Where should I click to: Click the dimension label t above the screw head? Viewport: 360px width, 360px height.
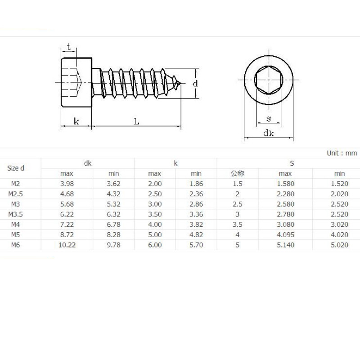point(69,47)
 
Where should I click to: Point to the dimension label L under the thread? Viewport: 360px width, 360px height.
point(136,121)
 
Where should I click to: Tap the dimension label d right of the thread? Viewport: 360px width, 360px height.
point(195,83)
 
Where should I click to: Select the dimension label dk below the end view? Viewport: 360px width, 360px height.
point(268,133)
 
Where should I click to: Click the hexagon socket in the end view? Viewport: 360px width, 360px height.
point(269,80)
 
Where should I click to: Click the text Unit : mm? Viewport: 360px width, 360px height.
point(342,153)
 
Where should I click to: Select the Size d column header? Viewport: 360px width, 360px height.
point(16,168)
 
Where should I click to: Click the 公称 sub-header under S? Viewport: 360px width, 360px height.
point(238,174)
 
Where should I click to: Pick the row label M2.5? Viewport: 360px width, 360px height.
point(16,194)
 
